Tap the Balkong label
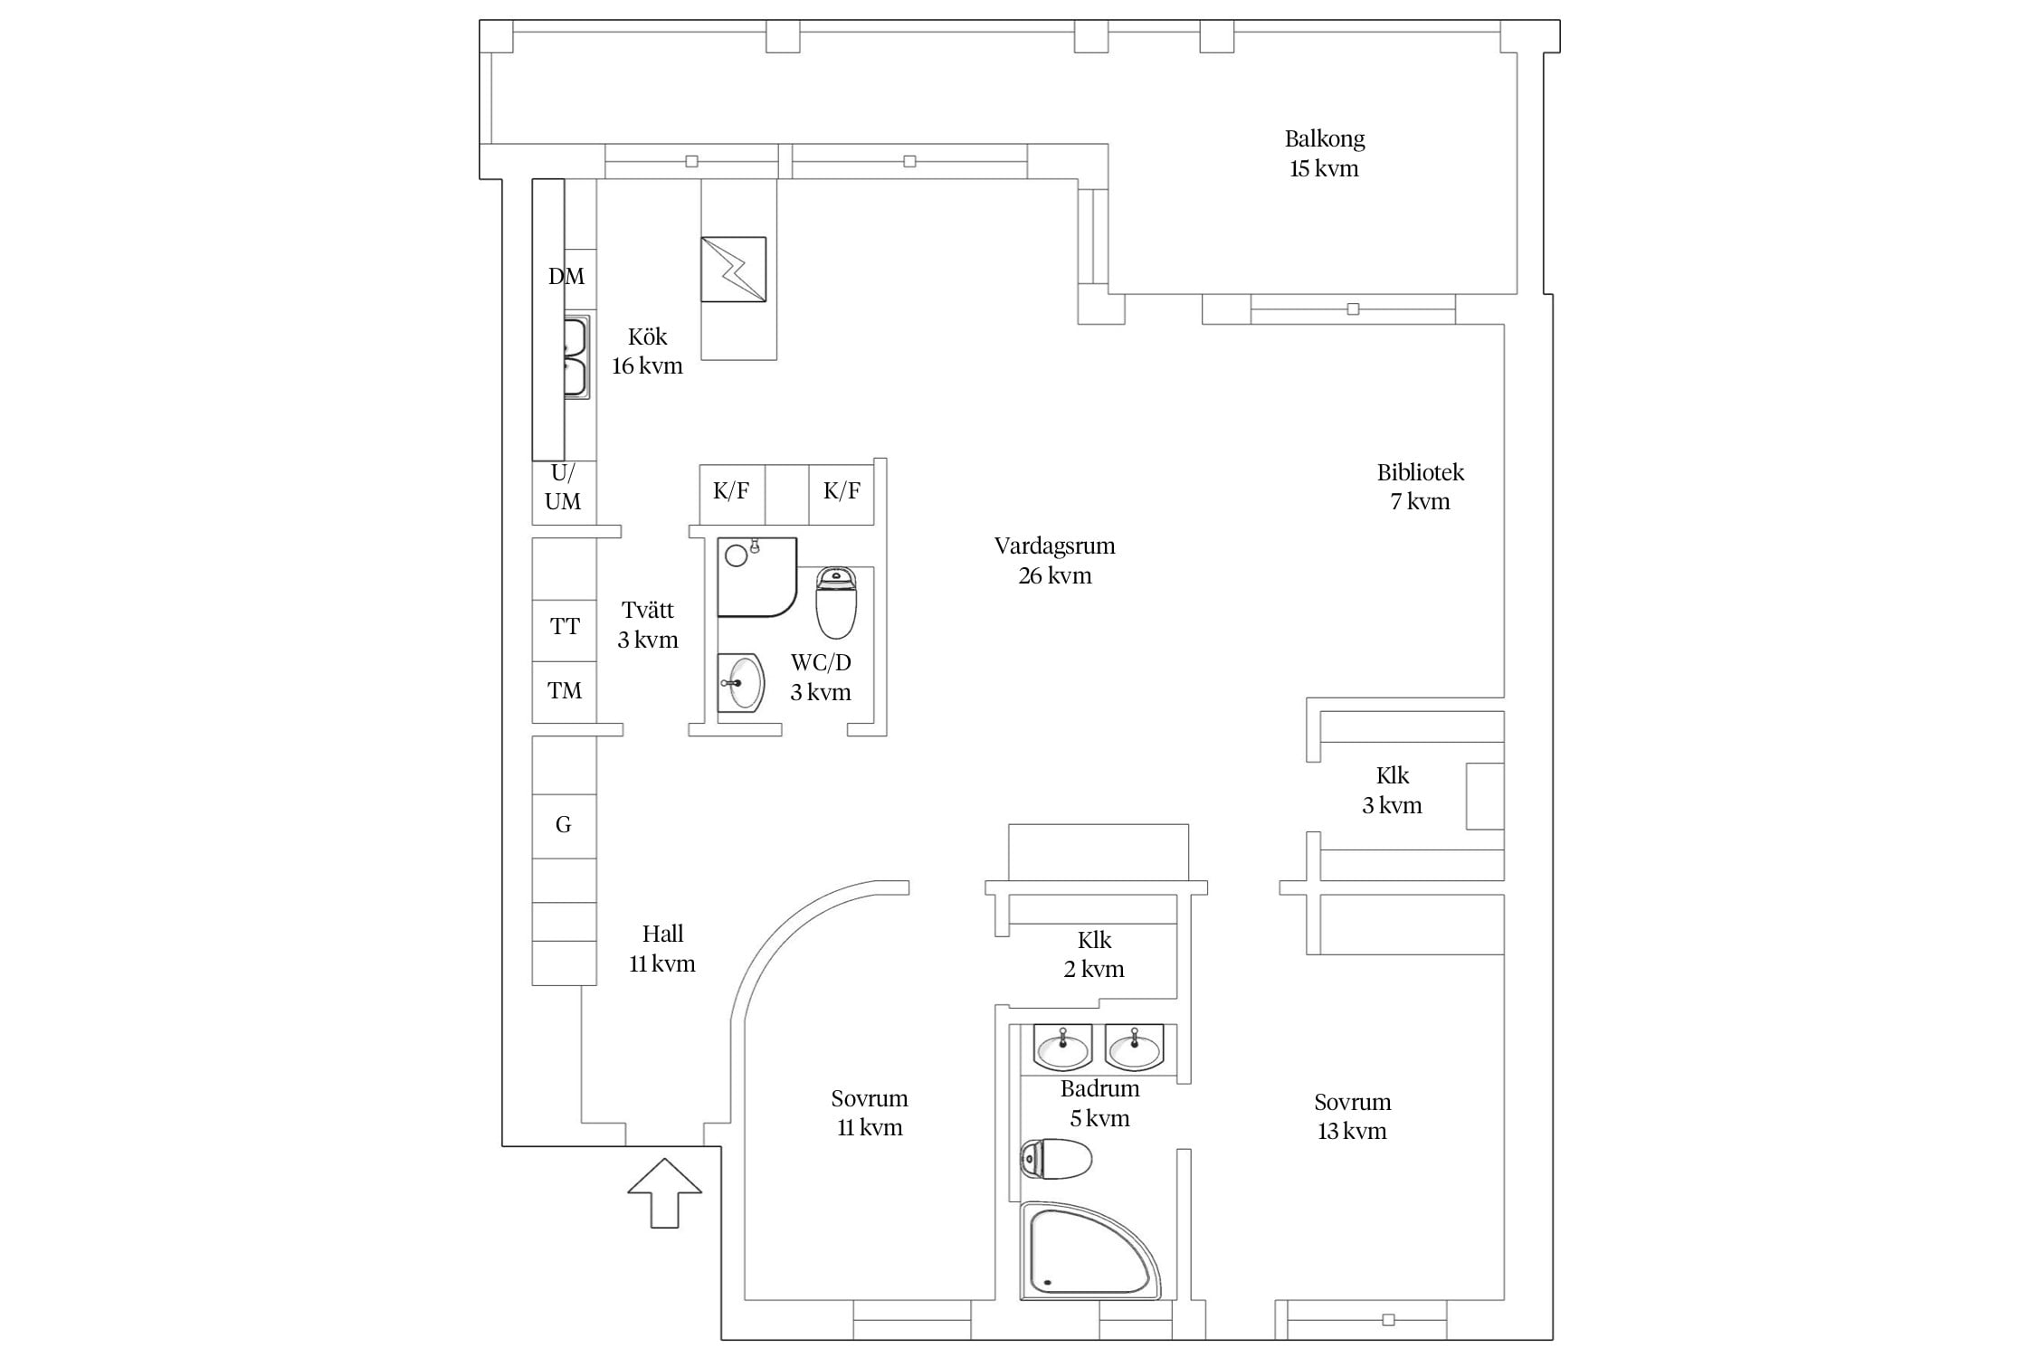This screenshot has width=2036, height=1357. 1325,139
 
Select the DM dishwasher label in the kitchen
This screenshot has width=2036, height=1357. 566,276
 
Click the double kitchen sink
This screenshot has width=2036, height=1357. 576,357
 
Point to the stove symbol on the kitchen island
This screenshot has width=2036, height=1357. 734,270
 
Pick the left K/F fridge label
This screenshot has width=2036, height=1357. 731,490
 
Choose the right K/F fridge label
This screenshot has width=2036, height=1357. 842,490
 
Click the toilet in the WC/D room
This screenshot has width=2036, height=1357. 836,603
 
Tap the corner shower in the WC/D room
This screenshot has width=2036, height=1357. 757,578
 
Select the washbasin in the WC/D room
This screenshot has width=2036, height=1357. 741,683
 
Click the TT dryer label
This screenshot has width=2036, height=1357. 565,626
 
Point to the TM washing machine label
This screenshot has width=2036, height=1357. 565,691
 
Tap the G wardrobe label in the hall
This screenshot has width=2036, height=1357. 564,824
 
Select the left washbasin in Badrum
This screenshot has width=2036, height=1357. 1063,1048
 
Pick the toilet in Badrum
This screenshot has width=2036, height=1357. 1056,1159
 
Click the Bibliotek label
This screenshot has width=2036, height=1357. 1421,472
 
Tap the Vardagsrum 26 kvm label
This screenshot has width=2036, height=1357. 1055,561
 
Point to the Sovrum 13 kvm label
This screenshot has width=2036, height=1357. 1353,1116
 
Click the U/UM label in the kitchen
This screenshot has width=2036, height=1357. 563,487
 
